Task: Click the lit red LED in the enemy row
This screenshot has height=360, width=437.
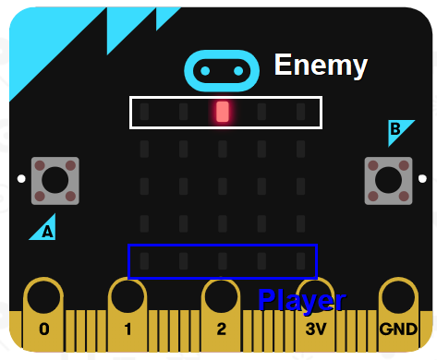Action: pyautogui.click(x=222, y=112)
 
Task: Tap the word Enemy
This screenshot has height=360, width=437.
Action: pyautogui.click(x=321, y=65)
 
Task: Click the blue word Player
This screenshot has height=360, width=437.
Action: pyautogui.click(x=301, y=300)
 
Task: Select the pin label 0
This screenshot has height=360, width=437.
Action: pyautogui.click(x=43, y=329)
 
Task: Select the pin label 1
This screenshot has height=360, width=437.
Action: pyautogui.click(x=128, y=329)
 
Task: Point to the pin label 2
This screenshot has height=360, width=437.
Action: pyautogui.click(x=221, y=329)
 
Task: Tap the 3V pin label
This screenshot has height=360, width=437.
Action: pyautogui.click(x=315, y=329)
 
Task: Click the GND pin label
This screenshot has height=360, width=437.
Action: pyautogui.click(x=397, y=329)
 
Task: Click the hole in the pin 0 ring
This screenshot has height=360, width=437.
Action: pyautogui.click(x=42, y=296)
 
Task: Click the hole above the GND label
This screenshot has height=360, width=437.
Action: pyautogui.click(x=397, y=296)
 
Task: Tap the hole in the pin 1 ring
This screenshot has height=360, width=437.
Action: pyautogui.click(x=128, y=296)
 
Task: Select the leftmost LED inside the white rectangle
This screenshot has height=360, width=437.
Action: pyautogui.click(x=144, y=113)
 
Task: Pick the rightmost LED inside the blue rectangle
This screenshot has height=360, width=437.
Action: pyautogui.click(x=300, y=261)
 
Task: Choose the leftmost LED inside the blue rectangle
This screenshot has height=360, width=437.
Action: pyautogui.click(x=144, y=261)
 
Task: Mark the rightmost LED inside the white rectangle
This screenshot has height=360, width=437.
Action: pyautogui.click(x=300, y=113)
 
